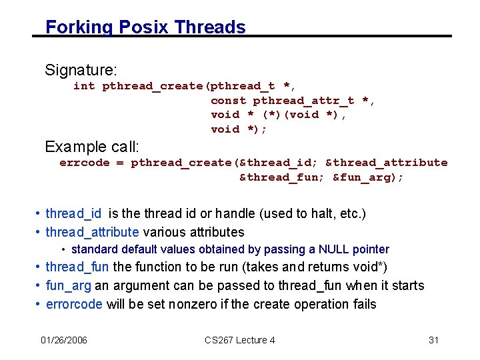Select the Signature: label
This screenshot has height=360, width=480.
pos(81,69)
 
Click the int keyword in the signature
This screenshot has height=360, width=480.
pos(84,86)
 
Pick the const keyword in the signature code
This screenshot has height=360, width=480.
pos(229,101)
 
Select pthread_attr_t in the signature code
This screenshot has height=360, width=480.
pos(304,101)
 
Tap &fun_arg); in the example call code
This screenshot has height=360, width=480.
pos(368,177)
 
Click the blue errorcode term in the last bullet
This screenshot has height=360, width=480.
pos(74,305)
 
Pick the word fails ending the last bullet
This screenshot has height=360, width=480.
pos(363,305)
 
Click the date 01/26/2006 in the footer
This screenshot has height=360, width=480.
pos(63,340)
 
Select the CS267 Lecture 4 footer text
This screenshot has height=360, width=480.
pos(240,340)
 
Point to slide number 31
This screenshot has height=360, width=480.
pos(433,340)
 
